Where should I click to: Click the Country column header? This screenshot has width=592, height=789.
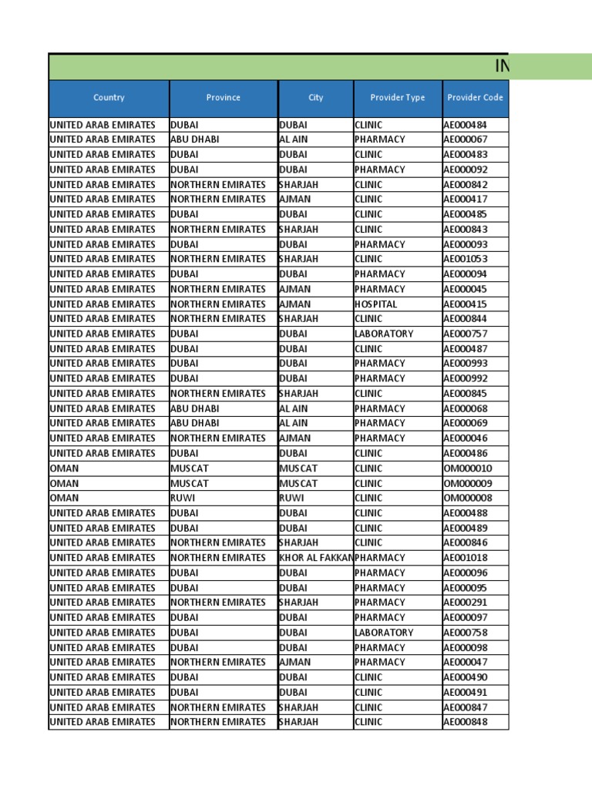109,98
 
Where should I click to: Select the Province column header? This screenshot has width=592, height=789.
223,98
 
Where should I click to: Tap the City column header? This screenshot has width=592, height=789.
315,98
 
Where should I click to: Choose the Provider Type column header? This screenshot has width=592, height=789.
397,98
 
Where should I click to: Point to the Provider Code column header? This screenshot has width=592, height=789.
475,98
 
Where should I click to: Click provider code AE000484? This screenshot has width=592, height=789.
465,125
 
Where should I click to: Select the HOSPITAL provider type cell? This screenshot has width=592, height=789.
376,304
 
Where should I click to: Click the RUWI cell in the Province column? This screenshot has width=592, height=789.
183,498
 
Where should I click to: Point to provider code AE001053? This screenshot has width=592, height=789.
465,259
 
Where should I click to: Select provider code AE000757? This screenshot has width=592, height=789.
465,334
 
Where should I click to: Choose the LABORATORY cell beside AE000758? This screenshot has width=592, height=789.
384,633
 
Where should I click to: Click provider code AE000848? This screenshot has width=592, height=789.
465,722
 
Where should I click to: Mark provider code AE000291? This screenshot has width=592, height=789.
465,603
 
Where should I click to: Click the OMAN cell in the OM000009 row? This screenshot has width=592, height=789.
64,483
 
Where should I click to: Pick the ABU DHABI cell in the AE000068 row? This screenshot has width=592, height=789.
194,408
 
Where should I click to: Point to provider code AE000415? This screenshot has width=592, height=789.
465,304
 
